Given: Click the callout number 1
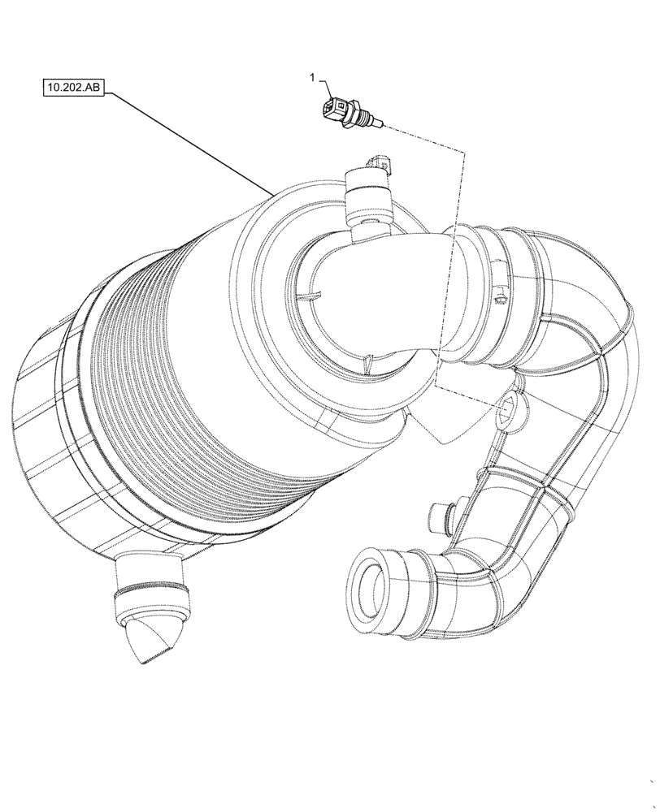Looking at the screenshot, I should tap(311, 77).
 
